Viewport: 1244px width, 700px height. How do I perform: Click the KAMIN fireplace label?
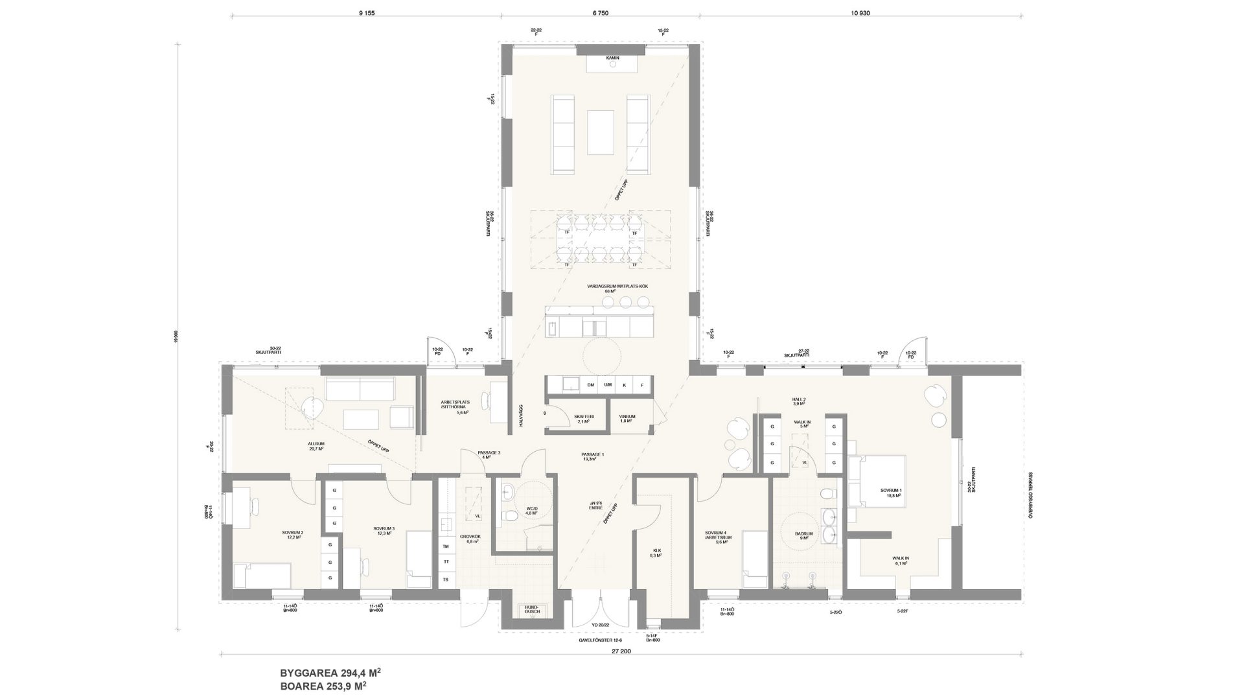[612, 58]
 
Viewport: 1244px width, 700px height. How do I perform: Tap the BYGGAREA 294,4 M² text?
[334, 673]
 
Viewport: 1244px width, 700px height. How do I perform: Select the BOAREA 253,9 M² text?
[329, 685]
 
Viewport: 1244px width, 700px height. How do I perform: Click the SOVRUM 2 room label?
[293, 535]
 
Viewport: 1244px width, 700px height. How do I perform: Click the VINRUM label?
[627, 419]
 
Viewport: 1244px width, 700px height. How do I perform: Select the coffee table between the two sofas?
[600, 132]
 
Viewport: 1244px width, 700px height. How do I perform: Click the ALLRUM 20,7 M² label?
[316, 447]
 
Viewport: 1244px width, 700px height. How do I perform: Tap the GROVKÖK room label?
[469, 539]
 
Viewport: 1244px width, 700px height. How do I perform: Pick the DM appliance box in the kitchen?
[590, 385]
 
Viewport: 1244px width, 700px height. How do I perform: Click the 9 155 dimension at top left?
[367, 12]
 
